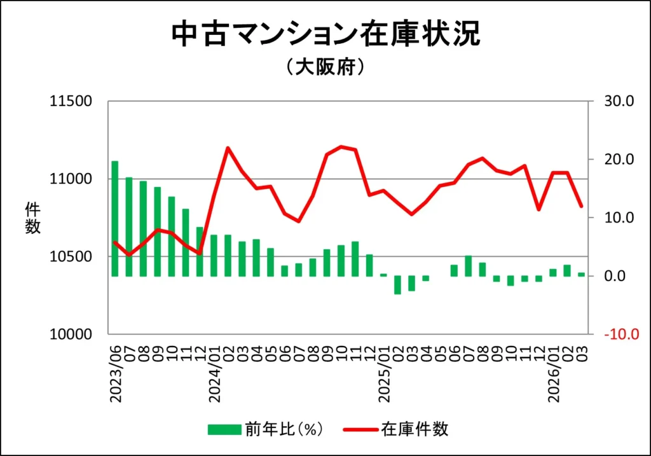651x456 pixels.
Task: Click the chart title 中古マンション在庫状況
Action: pyautogui.click(x=325, y=35)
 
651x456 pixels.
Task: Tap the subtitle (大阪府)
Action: pyautogui.click(x=325, y=67)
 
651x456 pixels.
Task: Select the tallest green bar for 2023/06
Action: pyautogui.click(x=115, y=219)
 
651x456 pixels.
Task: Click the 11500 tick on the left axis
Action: pyautogui.click(x=71, y=101)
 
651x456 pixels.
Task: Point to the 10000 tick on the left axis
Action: pyautogui.click(x=71, y=335)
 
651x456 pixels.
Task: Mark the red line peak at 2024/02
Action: pyautogui.click(x=228, y=148)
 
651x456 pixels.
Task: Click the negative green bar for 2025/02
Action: pyautogui.click(x=397, y=285)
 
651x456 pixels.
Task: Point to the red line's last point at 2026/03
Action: pyautogui.click(x=581, y=206)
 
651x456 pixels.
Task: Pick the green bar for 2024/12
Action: pyautogui.click(x=369, y=265)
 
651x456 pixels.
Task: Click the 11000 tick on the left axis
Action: pyautogui.click(x=71, y=179)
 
